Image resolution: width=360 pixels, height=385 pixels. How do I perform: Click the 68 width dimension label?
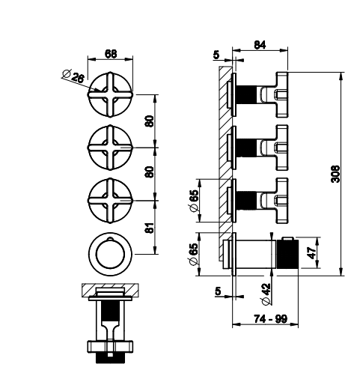(111, 53)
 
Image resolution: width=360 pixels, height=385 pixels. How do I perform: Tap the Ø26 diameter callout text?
(73, 76)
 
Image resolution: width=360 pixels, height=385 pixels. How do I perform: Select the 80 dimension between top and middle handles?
(150, 121)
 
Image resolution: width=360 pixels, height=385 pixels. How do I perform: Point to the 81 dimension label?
(150, 227)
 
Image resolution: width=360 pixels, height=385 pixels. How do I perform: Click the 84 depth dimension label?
(260, 45)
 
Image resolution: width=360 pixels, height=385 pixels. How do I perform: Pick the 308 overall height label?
(335, 174)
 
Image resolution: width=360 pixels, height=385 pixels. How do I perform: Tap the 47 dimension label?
(311, 253)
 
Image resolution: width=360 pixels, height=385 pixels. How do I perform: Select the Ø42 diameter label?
(266, 294)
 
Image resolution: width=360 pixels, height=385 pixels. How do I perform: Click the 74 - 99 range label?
(270, 318)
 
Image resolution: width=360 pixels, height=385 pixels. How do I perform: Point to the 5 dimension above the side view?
(216, 55)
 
